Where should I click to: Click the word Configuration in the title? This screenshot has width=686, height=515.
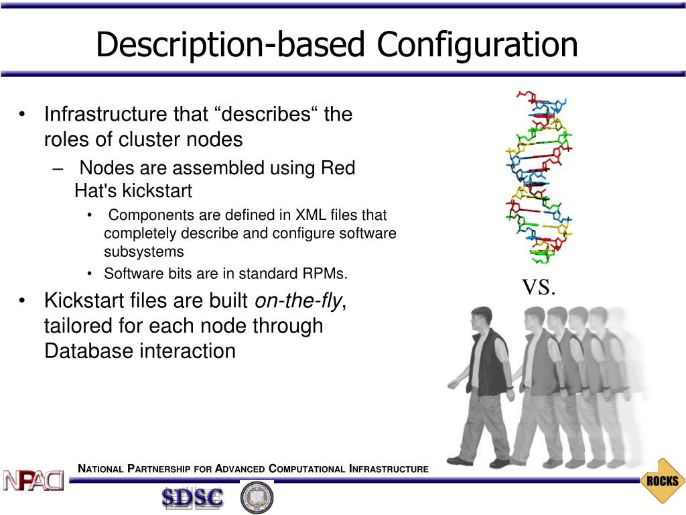477,46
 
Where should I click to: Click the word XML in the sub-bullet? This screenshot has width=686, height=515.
312,215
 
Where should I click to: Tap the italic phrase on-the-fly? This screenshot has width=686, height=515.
298,301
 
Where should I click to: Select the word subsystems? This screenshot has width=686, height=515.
143,252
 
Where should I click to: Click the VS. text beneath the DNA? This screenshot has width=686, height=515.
539,288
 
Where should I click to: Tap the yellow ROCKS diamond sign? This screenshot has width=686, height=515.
663,481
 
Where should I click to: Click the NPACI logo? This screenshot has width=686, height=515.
33,479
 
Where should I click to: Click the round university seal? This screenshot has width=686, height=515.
257,497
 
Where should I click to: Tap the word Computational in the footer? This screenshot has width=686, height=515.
306,469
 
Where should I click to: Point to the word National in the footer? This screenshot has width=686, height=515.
100,469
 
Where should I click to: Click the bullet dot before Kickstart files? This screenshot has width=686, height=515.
23,301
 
